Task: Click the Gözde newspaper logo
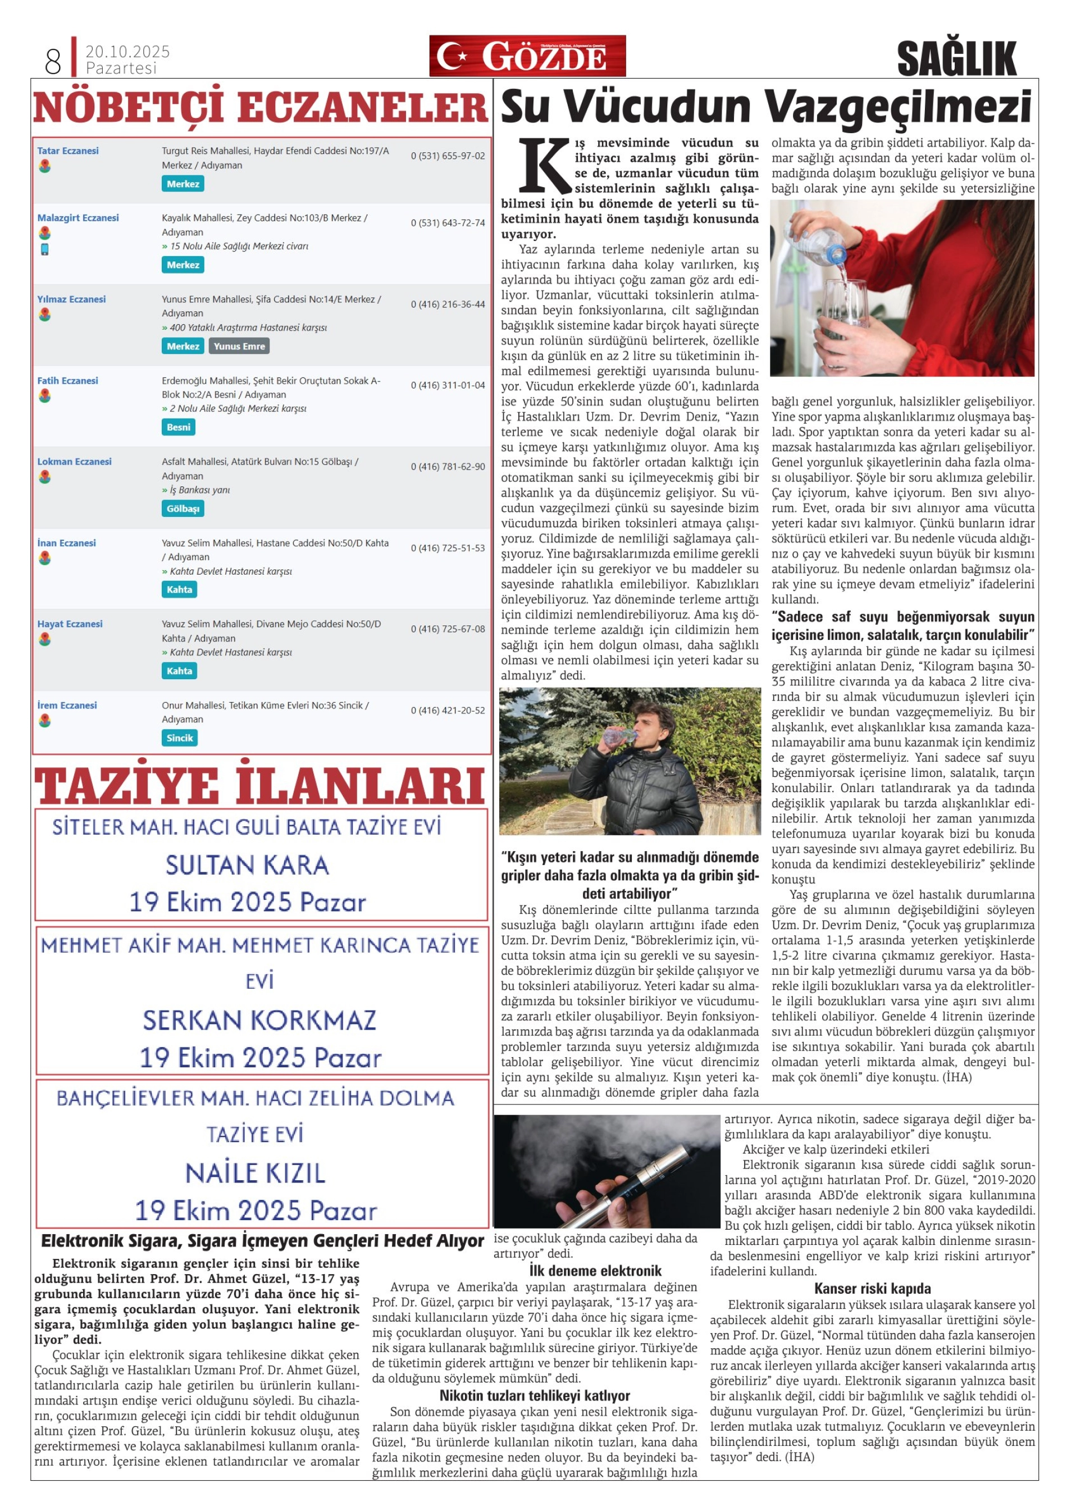[x=527, y=56]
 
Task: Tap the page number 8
[x=53, y=61]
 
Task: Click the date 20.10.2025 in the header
[x=127, y=51]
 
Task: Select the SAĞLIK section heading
[x=956, y=59]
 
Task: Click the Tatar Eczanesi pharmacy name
[x=68, y=151]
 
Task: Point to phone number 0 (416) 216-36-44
[x=448, y=304]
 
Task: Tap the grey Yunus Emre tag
[x=239, y=346]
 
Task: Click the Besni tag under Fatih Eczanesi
[x=178, y=427]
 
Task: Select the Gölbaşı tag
[x=183, y=508]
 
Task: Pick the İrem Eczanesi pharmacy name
[x=67, y=705]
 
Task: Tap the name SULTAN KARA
[x=247, y=865]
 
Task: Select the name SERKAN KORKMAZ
[x=259, y=1020]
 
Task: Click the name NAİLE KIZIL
[x=255, y=1174]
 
